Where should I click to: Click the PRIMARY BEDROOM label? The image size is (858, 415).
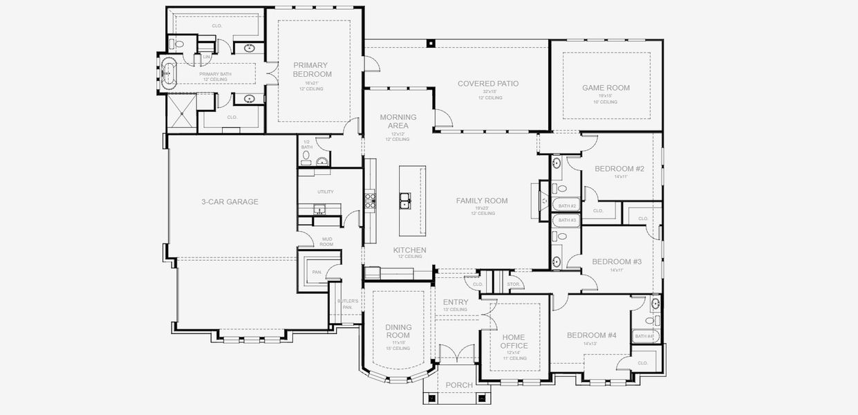(x=312, y=69)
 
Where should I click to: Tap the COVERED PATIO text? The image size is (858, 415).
(x=487, y=84)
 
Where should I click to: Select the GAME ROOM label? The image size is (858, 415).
(x=606, y=88)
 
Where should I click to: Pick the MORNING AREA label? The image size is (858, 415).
(x=398, y=121)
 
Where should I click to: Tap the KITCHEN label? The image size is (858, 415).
(x=409, y=250)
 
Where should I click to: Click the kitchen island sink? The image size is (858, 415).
(x=405, y=202)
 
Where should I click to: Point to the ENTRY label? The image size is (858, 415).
(x=456, y=302)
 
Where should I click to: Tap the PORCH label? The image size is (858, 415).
(x=459, y=385)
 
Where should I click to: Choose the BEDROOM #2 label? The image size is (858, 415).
(x=619, y=169)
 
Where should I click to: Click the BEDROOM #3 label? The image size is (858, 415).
(x=617, y=261)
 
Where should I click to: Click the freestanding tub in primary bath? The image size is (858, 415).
(x=169, y=71)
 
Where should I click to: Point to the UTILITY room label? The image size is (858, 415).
(x=326, y=191)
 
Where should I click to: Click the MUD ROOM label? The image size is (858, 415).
(x=327, y=241)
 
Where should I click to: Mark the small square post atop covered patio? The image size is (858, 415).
(x=431, y=43)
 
